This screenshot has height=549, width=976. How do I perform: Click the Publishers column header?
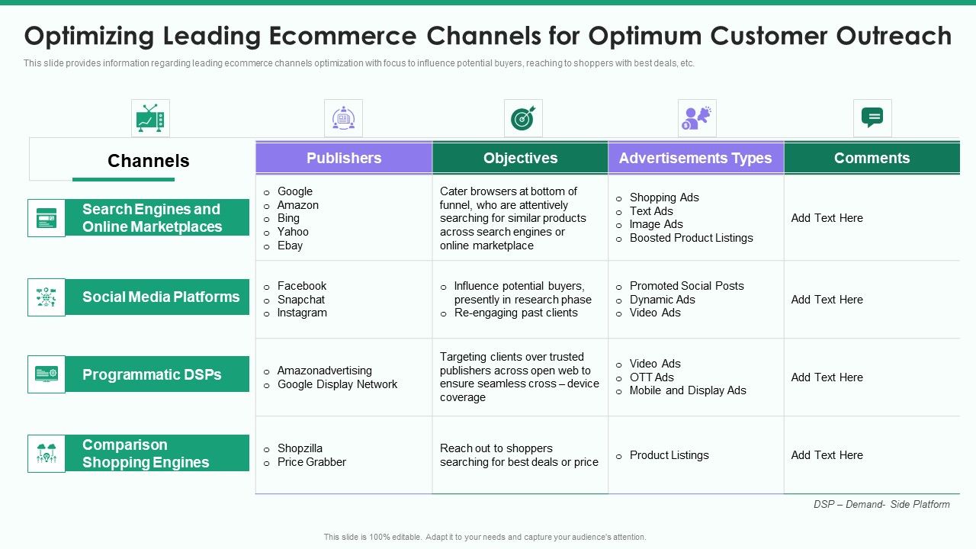(344, 158)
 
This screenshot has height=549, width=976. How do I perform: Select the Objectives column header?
(520, 158)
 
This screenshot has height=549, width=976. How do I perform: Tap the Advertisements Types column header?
(695, 158)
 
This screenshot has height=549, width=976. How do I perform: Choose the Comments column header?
(872, 158)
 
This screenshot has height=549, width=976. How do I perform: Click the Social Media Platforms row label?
(160, 297)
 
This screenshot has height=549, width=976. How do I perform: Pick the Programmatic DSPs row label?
(152, 374)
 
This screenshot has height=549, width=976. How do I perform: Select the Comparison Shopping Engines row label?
(146, 454)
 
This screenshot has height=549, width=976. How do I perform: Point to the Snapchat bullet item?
(301, 300)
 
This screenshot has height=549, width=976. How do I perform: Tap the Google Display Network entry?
(337, 384)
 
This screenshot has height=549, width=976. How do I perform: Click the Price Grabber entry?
(311, 462)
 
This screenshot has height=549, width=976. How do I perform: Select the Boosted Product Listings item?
(691, 238)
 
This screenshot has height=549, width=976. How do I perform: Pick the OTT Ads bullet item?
(651, 377)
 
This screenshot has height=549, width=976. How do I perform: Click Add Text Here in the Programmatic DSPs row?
(827, 377)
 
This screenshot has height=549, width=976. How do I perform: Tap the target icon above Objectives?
(523, 118)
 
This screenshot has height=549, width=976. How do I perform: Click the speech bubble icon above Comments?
(872, 118)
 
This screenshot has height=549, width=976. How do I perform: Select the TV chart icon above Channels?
(150, 118)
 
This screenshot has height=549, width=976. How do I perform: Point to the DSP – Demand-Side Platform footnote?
(881, 504)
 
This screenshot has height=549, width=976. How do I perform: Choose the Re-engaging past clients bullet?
(515, 313)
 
